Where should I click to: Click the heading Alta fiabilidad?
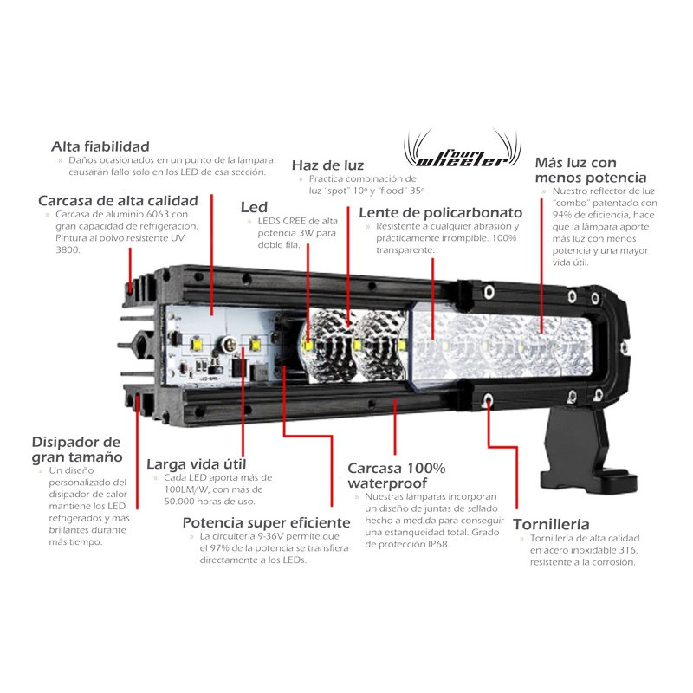coord(100,146)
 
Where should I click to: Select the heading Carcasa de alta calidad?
coord(118,201)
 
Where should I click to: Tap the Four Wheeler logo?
coord(463,149)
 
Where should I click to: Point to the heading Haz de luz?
coord(327,165)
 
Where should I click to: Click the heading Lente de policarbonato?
coord(441,212)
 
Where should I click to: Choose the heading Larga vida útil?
coord(197,464)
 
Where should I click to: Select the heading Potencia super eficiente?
coord(266,523)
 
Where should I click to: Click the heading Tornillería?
coord(551,525)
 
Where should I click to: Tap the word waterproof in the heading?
coord(387,483)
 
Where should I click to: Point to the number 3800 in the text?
coord(68,249)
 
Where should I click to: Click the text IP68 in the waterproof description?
coord(438,545)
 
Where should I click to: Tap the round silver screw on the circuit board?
coord(228,342)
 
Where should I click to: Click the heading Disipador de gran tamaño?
coord(77,450)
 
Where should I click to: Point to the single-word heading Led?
coord(254,207)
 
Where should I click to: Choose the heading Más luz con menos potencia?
coord(591,170)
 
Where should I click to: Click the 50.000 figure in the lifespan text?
coord(179,502)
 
